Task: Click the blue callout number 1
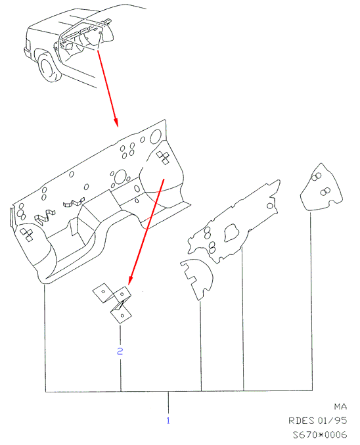click(x=168, y=420)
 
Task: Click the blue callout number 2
click(x=120, y=352)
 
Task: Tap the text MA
click(x=340, y=407)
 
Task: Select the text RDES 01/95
click(x=318, y=420)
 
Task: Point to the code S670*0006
click(x=320, y=434)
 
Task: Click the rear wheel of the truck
click(x=49, y=68)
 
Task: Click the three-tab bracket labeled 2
click(x=112, y=302)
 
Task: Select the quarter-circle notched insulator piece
click(x=197, y=279)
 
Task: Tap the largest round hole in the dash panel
click(x=120, y=177)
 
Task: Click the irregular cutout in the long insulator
click(x=231, y=233)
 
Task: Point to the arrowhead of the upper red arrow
click(x=116, y=122)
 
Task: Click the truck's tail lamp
click(x=28, y=45)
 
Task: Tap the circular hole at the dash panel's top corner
click(x=156, y=137)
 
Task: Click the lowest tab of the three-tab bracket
click(x=121, y=316)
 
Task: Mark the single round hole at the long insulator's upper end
click(x=270, y=206)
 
